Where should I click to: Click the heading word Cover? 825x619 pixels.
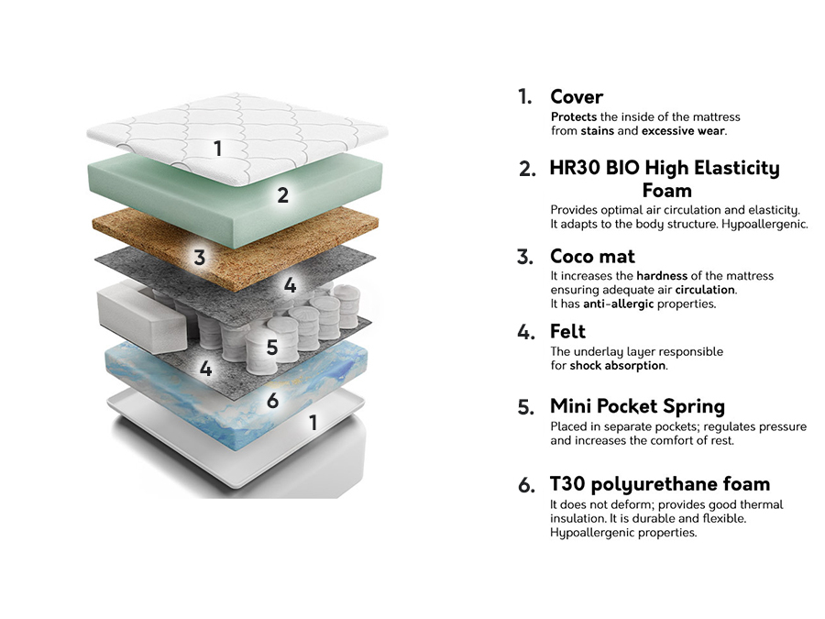[577, 96]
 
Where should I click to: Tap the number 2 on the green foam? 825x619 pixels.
[283, 194]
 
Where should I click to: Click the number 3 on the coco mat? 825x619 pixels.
[200, 258]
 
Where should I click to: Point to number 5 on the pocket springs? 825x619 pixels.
[271, 348]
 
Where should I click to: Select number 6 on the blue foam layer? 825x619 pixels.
[272, 400]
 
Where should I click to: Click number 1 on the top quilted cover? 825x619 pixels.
[217, 147]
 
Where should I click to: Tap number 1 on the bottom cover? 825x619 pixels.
[313, 423]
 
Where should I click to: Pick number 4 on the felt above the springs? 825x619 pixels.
[290, 285]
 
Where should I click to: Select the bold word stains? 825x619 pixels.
[598, 131]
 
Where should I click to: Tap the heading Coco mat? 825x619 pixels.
[592, 256]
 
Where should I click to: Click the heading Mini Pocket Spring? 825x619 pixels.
[637, 406]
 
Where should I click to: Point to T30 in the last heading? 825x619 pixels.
[569, 483]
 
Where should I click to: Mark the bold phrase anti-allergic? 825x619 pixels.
[619, 304]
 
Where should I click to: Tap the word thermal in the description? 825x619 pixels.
[763, 504]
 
